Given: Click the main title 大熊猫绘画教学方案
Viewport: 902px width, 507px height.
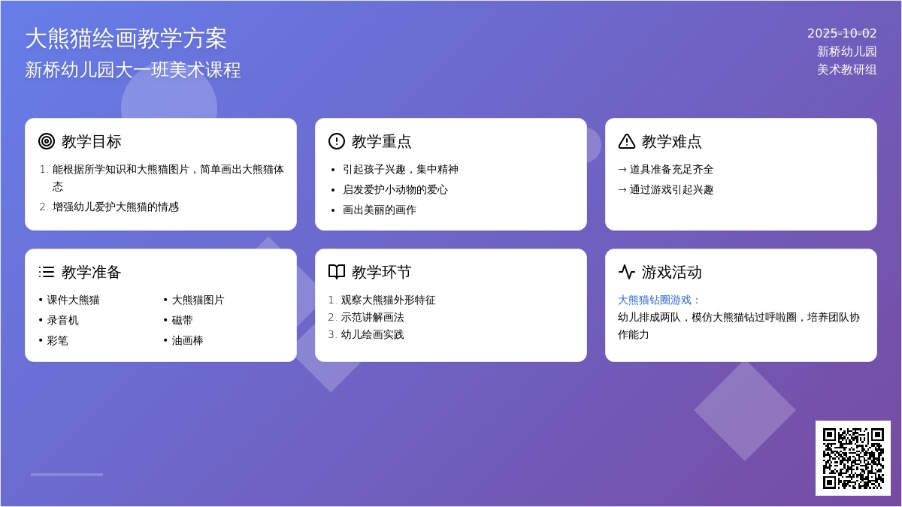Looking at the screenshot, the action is click(x=126, y=38).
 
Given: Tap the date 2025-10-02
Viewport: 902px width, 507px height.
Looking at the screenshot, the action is click(x=842, y=33).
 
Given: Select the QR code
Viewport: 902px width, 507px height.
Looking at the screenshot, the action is click(x=853, y=458).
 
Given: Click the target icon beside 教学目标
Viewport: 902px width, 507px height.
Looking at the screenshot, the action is click(x=47, y=141).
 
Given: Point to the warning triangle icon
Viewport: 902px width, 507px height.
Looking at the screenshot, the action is click(x=627, y=141).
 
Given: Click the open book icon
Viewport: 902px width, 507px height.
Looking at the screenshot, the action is click(x=337, y=272).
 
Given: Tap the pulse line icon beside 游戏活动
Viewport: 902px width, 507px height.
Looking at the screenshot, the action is click(x=627, y=272).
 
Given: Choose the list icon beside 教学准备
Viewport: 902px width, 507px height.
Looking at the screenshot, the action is click(x=47, y=272).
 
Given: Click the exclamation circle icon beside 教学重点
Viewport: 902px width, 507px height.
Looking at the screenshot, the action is click(x=337, y=141).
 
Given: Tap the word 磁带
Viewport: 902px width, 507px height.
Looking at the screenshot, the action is click(x=183, y=320).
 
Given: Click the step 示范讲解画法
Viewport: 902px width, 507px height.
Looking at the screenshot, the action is click(x=373, y=317).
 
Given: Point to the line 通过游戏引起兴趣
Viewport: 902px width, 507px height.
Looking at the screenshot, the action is click(x=671, y=189).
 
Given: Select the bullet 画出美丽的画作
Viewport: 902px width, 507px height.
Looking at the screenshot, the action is click(x=380, y=210).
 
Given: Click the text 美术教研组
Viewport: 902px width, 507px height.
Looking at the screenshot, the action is click(x=847, y=70).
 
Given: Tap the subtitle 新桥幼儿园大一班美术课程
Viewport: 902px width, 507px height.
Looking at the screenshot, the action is click(x=133, y=70).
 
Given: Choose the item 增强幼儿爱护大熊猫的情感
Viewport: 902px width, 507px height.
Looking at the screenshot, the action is click(x=116, y=207).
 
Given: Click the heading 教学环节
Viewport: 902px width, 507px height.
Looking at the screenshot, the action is click(x=381, y=272).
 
